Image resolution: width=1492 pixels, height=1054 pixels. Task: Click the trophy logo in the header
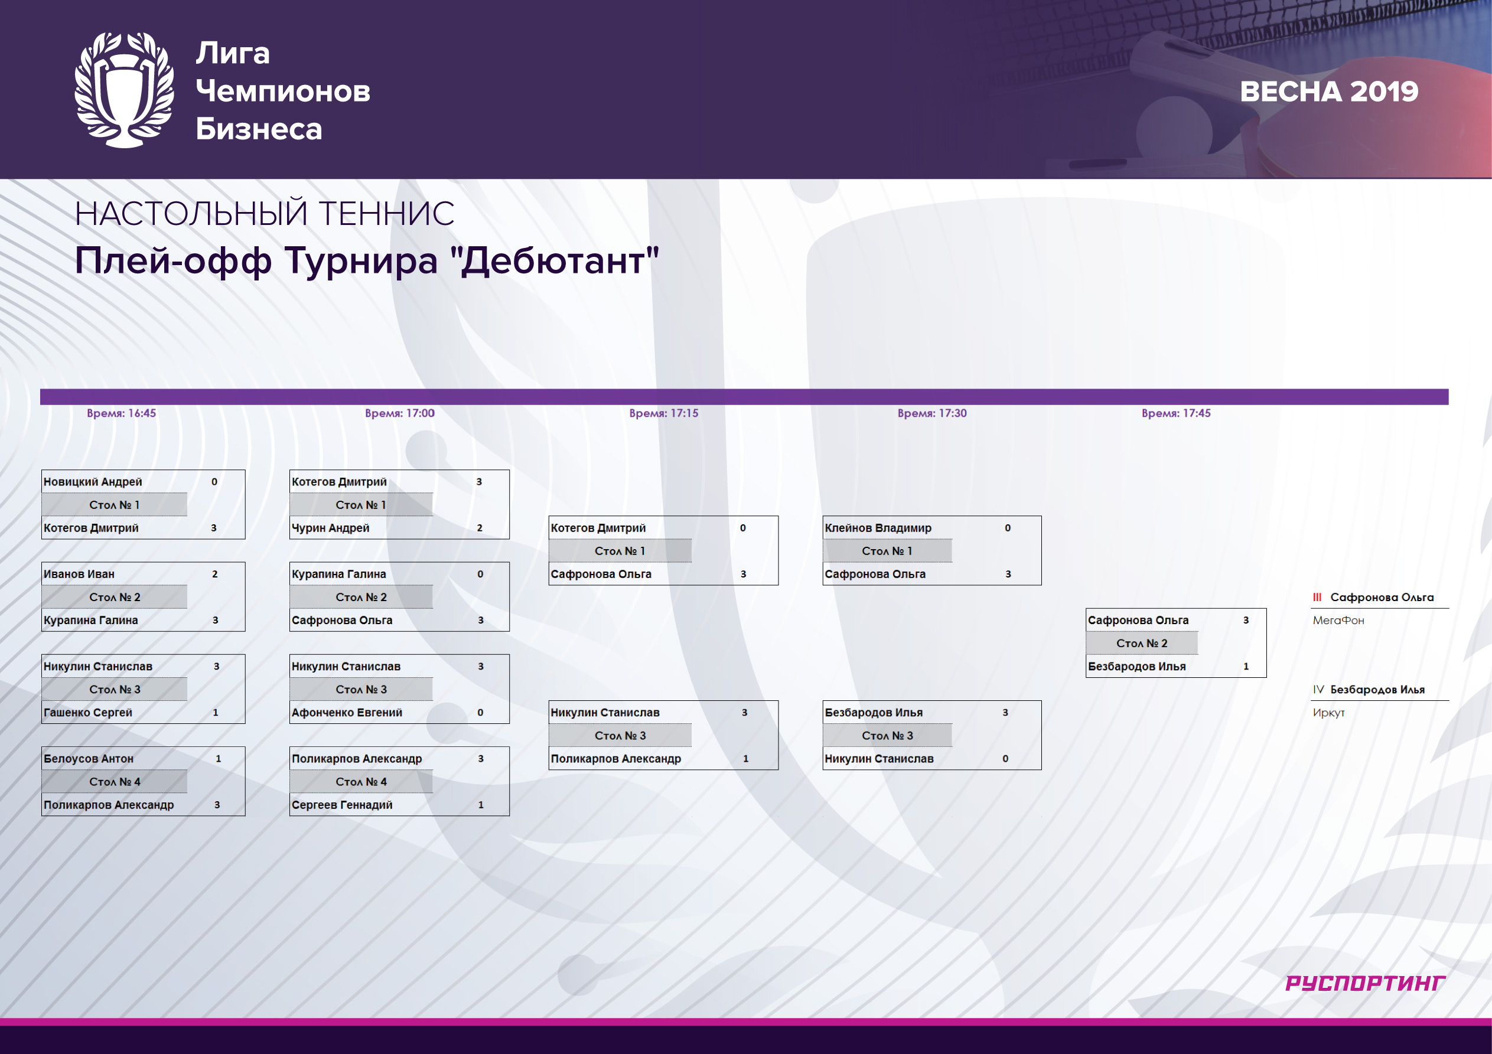[124, 90]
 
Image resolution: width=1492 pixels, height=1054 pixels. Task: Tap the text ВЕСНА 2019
[1329, 92]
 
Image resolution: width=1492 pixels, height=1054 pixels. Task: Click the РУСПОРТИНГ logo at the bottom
[1365, 983]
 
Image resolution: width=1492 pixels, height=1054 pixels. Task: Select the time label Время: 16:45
[122, 413]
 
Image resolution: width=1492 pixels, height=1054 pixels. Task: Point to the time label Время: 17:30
[932, 413]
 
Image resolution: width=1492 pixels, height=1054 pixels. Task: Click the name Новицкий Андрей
[92, 481]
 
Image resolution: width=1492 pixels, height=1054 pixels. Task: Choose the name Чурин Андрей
[330, 528]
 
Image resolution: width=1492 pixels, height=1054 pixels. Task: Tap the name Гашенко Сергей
[88, 712]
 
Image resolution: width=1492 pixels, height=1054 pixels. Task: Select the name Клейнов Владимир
[878, 528]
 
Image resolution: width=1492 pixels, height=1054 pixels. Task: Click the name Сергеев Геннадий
[342, 804]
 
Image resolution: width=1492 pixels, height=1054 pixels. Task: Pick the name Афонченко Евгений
[347, 712]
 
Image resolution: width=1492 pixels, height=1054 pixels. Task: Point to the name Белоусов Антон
[89, 758]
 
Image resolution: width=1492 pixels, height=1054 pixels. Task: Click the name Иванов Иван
[79, 574]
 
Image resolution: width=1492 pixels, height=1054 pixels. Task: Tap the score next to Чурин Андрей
[480, 528]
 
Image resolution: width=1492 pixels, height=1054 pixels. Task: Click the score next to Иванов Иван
[215, 574]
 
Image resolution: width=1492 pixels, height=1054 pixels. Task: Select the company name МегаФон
[1338, 621]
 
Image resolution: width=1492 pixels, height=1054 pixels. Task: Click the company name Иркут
[1328, 713]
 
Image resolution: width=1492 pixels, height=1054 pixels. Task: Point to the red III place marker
[1317, 597]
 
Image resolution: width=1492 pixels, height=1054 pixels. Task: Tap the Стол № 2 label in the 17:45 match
[1142, 643]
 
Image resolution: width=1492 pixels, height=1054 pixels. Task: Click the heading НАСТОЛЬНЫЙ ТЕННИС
[265, 214]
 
